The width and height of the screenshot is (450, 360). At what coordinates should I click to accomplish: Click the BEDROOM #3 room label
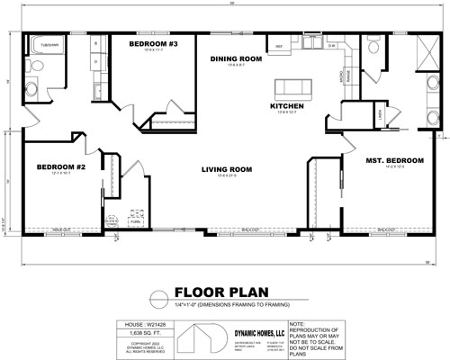click(x=154, y=43)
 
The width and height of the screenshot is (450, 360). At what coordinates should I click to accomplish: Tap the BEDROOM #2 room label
click(x=61, y=167)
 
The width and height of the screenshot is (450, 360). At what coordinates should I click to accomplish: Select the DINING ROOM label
click(x=235, y=58)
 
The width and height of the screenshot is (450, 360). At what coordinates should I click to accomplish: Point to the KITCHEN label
click(x=287, y=105)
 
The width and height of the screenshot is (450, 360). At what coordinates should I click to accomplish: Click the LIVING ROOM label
click(x=226, y=168)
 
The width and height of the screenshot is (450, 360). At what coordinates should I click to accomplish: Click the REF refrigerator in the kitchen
click(x=279, y=44)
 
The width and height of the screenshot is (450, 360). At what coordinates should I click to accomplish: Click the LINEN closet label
click(x=381, y=113)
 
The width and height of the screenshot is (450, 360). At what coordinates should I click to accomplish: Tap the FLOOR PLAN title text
click(x=202, y=292)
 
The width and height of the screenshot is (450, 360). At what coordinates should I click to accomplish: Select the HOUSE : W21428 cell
click(x=139, y=323)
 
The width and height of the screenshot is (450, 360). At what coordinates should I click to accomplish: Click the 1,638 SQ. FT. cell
click(x=139, y=333)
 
